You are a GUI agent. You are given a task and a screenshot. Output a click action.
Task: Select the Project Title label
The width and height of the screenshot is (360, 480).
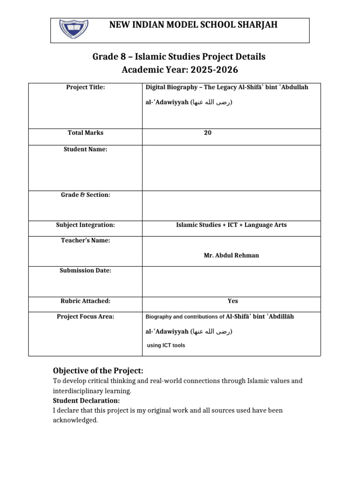coord(85,87)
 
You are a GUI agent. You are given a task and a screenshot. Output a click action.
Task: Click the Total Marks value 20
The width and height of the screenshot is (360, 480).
coord(208,133)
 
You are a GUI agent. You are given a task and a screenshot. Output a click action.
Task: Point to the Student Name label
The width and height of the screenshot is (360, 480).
coord(85,149)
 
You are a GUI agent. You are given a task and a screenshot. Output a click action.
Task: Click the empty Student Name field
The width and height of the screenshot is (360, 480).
coord(232,167)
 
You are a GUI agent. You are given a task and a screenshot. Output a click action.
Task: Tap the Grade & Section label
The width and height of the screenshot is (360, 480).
coord(85,195)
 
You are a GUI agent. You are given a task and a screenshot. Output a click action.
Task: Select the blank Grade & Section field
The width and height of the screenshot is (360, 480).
coord(232,206)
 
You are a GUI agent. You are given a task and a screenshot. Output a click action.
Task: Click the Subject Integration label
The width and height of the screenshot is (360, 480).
coord(85,225)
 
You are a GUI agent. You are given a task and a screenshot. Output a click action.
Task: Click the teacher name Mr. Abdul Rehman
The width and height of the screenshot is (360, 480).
coord(232,255)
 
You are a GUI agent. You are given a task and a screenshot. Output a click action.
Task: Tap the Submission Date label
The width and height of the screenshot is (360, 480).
coord(85,270)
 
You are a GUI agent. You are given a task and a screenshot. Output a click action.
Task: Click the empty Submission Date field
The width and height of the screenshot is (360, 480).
coord(232,282)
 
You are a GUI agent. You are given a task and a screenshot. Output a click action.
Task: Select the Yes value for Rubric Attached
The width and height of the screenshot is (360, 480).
coord(232,301)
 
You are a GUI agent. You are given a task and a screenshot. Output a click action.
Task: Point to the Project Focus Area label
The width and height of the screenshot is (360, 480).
coord(85,316)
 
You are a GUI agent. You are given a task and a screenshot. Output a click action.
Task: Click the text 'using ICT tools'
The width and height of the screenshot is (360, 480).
coord(166,345)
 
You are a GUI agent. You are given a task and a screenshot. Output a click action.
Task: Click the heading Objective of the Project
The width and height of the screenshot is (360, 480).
coord(98,371)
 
